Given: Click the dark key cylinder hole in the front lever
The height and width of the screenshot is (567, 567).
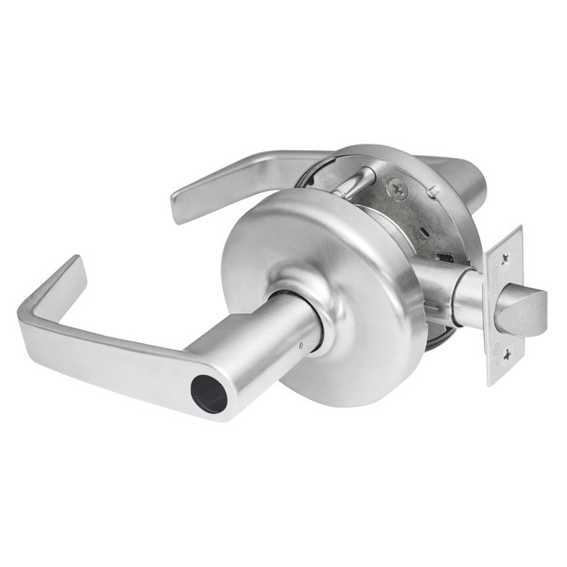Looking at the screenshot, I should [210, 394].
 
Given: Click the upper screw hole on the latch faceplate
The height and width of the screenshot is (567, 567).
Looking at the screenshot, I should [505, 244].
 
